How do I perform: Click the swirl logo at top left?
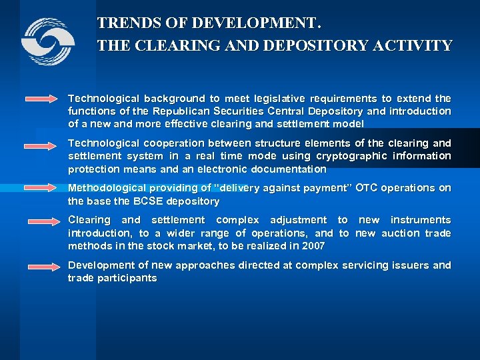coord(47,42)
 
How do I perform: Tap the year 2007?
coord(313,245)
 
